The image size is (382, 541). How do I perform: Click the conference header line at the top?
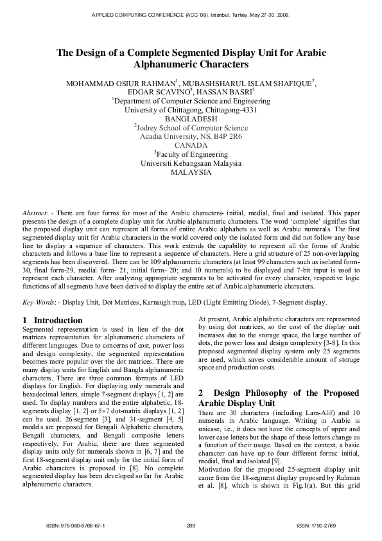point(191,13)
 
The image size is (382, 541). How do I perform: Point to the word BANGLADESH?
point(191,119)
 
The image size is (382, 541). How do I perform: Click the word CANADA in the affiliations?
point(191,146)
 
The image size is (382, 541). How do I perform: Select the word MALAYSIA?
point(191,173)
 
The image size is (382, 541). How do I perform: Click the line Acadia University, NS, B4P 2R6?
point(191,137)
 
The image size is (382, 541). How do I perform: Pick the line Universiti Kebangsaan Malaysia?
point(191,164)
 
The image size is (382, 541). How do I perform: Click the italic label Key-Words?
point(38,302)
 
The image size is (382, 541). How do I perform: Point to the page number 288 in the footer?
point(191,526)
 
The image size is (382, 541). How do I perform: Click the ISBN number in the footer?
point(76,526)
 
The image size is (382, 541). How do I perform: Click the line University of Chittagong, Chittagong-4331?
point(191,110)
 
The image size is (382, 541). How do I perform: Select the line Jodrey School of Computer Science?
point(191,128)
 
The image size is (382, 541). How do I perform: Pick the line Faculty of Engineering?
point(191,155)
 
